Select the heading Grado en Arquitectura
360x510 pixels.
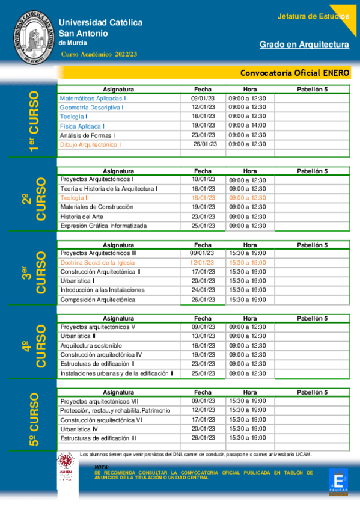pyautogui.click(x=304, y=45)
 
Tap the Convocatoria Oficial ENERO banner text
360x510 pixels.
pyautogui.click(x=294, y=72)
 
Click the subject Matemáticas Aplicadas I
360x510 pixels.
pyautogui.click(x=93, y=98)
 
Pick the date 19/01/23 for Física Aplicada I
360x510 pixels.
pyautogui.click(x=203, y=126)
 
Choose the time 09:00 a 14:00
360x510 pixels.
pyautogui.click(x=247, y=126)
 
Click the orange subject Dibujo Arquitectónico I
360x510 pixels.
pyautogui.click(x=90, y=144)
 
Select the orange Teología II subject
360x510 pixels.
pyautogui.click(x=75, y=198)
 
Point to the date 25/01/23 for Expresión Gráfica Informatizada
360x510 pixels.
pyautogui.click(x=203, y=226)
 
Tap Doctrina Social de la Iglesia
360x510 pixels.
pyautogui.click(x=97, y=263)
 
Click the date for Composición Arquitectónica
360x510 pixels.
pyautogui.click(x=203, y=300)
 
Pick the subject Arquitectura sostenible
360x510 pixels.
pyautogui.click(x=91, y=346)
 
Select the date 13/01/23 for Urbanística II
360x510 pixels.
pyautogui.click(x=203, y=336)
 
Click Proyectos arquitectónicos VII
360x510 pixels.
pyautogui.click(x=100, y=401)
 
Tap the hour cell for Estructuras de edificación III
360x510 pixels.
pyautogui.click(x=247, y=438)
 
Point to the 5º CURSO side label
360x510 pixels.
pyautogui.click(x=34, y=419)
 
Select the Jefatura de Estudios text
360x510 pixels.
pyautogui.click(x=313, y=16)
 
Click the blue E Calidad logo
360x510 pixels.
pyautogui.click(x=338, y=482)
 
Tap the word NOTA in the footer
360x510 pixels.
pyautogui.click(x=102, y=467)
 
